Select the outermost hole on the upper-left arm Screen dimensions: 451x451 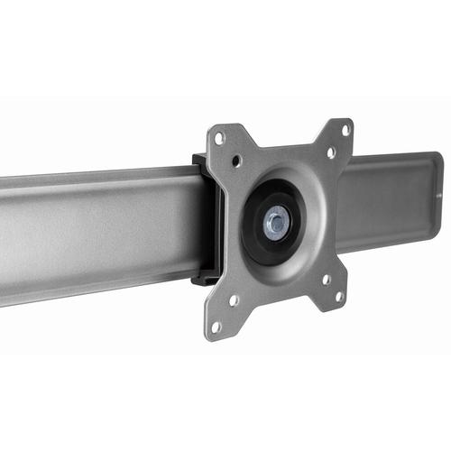(219, 138)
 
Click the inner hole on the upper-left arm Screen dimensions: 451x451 (236, 162)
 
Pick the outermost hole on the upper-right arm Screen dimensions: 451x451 (345, 130)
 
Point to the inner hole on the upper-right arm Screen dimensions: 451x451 (331, 152)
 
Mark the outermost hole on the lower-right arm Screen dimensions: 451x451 (340, 296)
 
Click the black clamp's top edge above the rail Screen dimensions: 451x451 (199, 161)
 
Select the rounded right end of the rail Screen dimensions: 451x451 (437, 194)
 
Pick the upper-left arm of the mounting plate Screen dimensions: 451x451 (225, 149)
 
